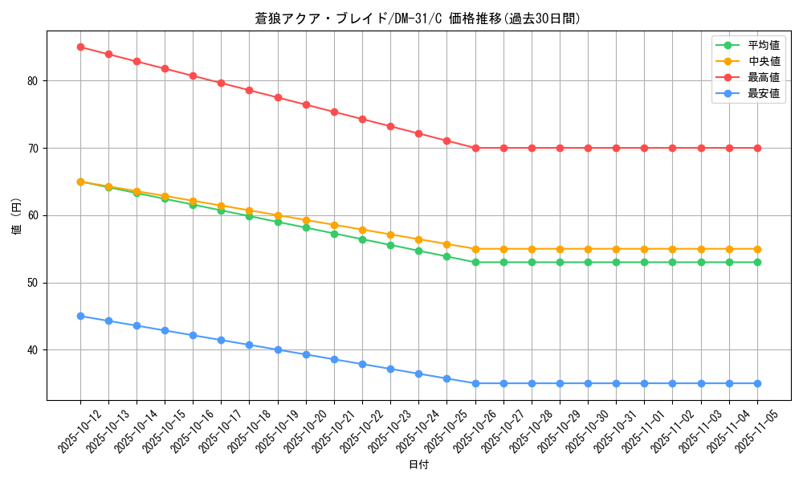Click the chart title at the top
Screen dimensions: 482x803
[x=418, y=18]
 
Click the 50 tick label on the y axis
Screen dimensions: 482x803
[x=33, y=283]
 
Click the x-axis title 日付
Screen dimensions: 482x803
[x=418, y=465]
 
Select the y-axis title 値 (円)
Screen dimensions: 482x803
[x=17, y=216]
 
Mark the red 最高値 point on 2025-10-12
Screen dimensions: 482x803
[x=80, y=47]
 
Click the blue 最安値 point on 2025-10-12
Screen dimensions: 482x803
[x=80, y=316]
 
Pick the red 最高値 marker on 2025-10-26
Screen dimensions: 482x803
[x=475, y=148]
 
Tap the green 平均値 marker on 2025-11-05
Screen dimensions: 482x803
[x=757, y=262]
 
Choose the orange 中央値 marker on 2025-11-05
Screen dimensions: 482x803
[x=757, y=249]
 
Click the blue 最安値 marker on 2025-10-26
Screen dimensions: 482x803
[x=475, y=383]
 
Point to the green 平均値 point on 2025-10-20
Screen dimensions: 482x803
[x=306, y=227]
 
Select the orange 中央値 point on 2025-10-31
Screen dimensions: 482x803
[x=616, y=249]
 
